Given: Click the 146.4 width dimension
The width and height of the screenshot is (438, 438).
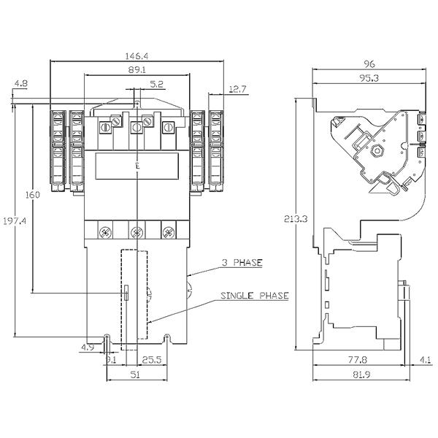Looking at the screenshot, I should [137, 55].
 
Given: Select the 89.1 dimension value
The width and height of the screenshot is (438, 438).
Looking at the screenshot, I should [137, 70].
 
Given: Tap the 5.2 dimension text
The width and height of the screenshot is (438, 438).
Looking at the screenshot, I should [156, 85].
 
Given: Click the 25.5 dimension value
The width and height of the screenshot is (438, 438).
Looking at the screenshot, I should [152, 359].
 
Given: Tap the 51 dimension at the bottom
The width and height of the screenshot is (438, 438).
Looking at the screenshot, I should [137, 376].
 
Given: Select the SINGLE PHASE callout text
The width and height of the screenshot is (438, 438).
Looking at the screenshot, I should [255, 296].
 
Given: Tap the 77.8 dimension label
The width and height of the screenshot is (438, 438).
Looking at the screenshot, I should [357, 359].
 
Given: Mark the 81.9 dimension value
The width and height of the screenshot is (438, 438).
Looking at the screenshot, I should [357, 376].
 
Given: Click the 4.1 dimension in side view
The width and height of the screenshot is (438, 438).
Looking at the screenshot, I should [425, 359].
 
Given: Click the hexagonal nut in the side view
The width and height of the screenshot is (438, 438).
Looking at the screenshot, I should [379, 150].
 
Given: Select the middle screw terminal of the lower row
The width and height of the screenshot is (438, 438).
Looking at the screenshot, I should [137, 233].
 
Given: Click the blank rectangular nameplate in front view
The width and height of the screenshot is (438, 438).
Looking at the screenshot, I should [137, 166].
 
